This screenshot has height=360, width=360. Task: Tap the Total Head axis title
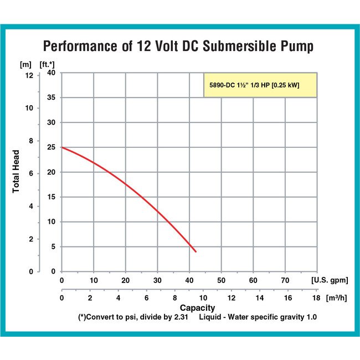point(17,172)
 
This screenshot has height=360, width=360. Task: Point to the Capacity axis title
point(197,308)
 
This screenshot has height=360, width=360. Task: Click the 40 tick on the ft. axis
point(50,73)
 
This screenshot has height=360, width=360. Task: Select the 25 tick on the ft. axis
point(50,147)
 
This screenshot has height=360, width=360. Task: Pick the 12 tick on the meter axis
point(29,75)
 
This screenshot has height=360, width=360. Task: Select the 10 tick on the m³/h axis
point(203,298)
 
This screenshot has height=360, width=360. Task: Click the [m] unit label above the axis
point(26,63)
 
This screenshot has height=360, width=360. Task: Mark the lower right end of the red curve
point(196,251)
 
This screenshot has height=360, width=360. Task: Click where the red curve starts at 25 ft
point(62,147)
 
